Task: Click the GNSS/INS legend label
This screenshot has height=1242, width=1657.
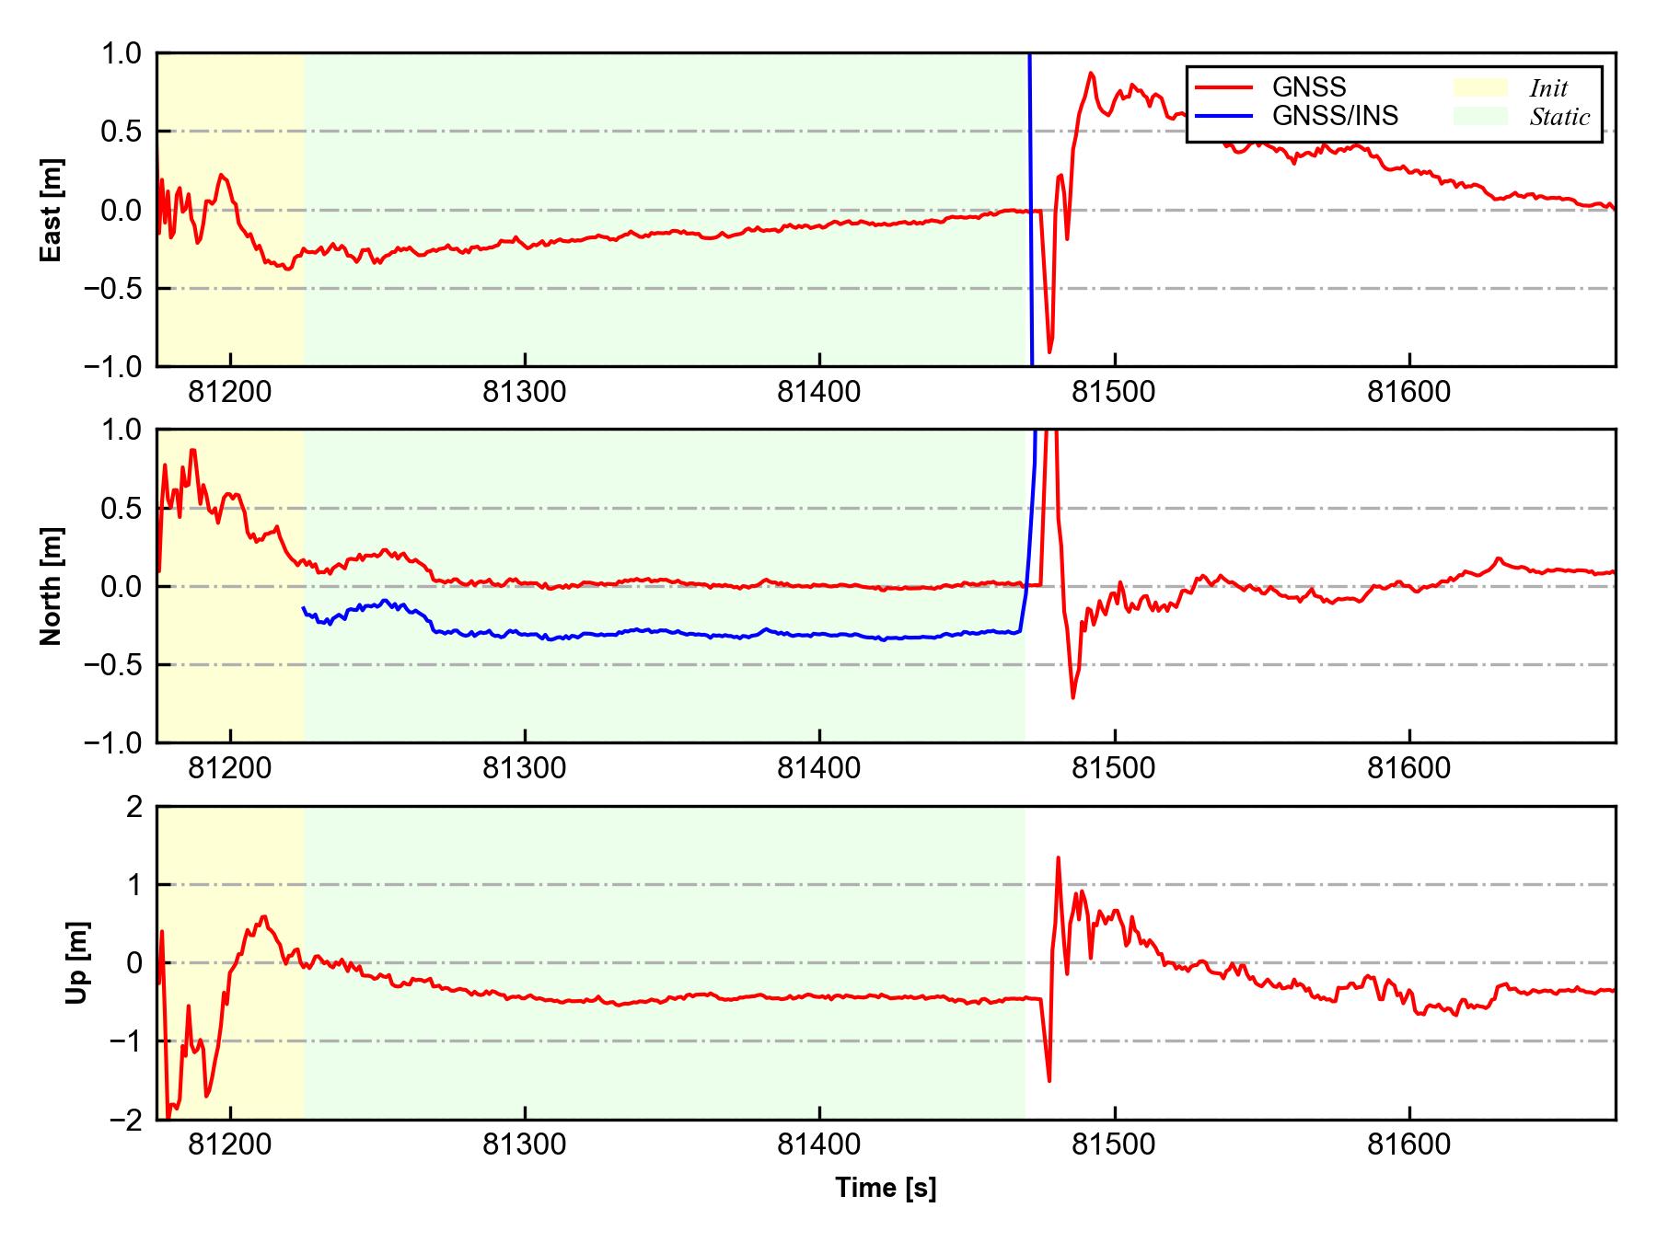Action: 1335,116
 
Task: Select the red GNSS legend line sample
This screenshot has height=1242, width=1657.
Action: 1223,87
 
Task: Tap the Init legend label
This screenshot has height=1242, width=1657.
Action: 1548,88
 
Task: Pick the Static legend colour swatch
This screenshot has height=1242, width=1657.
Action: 1480,116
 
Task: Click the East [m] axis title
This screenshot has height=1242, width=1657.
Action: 52,210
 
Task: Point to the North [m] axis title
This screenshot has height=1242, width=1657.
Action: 52,586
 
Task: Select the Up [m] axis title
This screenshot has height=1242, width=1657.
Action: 77,962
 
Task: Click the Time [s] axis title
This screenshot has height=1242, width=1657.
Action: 886,1188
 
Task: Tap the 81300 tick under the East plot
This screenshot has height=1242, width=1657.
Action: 525,392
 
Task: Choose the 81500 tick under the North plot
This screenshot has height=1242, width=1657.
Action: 1114,768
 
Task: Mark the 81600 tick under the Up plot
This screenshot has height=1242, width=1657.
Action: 1408,1145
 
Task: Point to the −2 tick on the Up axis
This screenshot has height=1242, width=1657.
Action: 126,1120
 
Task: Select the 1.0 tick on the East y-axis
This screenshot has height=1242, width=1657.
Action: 122,53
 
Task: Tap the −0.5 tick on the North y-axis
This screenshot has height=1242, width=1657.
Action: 113,664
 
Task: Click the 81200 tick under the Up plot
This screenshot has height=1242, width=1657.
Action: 230,1145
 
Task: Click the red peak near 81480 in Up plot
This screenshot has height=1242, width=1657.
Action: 1058,857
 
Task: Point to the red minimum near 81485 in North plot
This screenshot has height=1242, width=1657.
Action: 1072,697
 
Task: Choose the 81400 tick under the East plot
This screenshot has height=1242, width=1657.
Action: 819,392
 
